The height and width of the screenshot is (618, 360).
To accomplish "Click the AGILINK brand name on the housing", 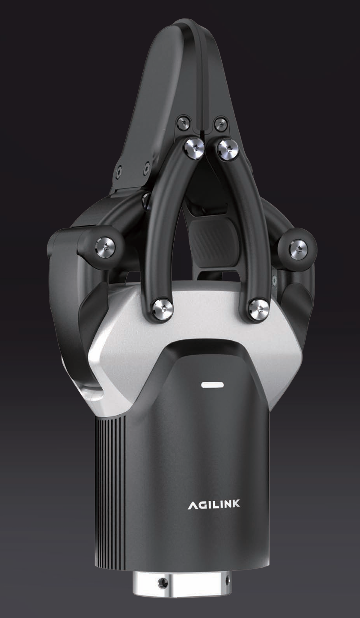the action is [214, 504].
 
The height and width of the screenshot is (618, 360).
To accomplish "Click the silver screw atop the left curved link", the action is [194, 149].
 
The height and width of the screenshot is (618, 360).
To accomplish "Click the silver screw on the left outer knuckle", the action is [105, 247].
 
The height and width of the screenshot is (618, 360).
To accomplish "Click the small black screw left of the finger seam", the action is [184, 122].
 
